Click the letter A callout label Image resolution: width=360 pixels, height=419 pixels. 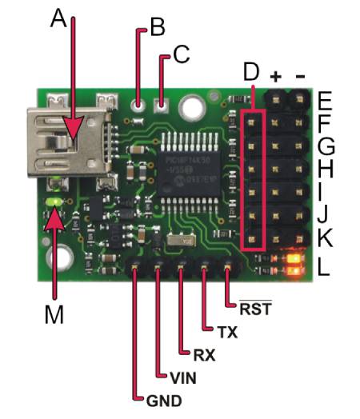pyautogui.click(x=58, y=18)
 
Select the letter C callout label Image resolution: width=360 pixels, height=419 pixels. pyautogui.click(x=181, y=54)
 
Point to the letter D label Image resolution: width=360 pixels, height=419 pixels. pyautogui.click(x=251, y=73)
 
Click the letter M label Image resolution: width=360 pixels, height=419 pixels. pyautogui.click(x=53, y=316)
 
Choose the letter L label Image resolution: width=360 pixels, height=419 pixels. pyautogui.click(x=323, y=265)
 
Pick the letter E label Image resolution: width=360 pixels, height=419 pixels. pyautogui.click(x=324, y=102)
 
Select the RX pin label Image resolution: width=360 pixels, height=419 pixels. pyautogui.click(x=204, y=353)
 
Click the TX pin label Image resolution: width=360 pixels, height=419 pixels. pyautogui.click(x=226, y=330)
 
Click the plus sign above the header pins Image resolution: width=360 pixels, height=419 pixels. pyautogui.click(x=277, y=77)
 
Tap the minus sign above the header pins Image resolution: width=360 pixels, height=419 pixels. pyautogui.click(x=301, y=77)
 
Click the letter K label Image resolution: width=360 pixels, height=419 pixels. pyautogui.click(x=324, y=238)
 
